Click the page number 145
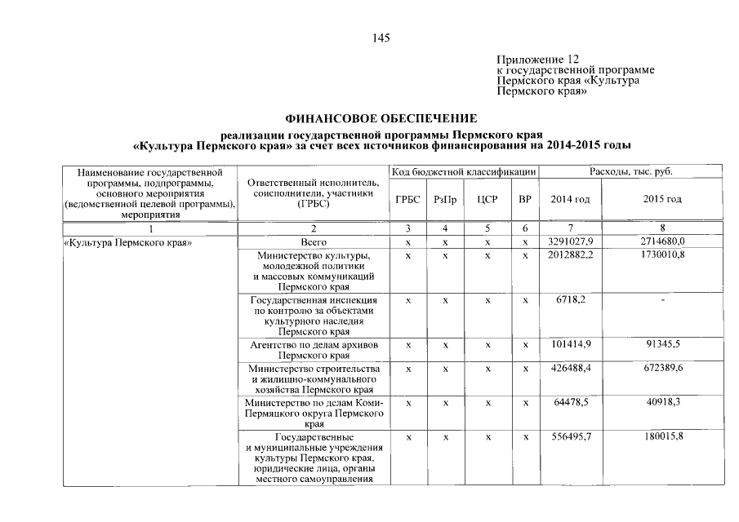coord(381,38)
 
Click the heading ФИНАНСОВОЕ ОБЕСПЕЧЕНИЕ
coord(381,119)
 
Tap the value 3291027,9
coord(570,242)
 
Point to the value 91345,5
coord(663,344)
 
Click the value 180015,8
coord(663,437)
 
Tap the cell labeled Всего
coord(314,242)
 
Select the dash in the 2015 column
coord(663,301)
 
